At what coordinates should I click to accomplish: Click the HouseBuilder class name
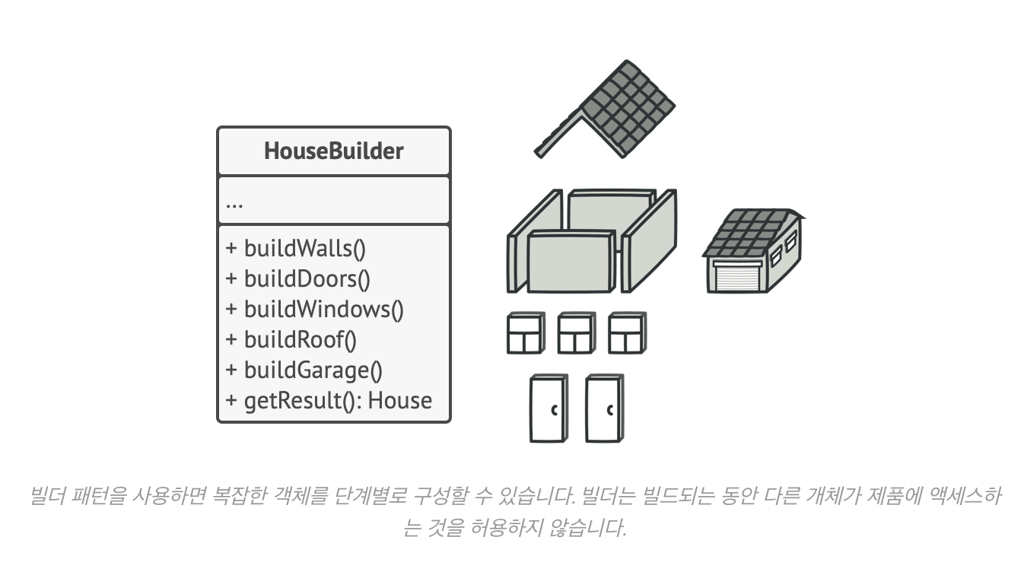pyautogui.click(x=333, y=151)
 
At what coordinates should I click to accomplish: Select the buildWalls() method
pyautogui.click(x=297, y=249)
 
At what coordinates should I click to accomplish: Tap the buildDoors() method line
pyautogui.click(x=298, y=279)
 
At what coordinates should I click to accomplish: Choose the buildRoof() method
pyautogui.click(x=291, y=340)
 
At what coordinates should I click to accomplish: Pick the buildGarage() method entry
pyautogui.click(x=304, y=370)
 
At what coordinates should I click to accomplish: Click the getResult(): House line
pyautogui.click(x=329, y=401)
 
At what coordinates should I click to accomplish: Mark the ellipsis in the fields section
pyautogui.click(x=234, y=204)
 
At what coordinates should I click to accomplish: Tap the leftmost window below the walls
pyautogui.click(x=525, y=333)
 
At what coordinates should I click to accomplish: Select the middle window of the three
pyautogui.click(x=576, y=333)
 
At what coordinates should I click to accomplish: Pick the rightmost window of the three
pyautogui.click(x=627, y=333)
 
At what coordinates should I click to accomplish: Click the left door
pyautogui.click(x=548, y=408)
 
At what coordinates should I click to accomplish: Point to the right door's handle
pyautogui.click(x=610, y=411)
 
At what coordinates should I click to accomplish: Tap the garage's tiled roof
pyautogui.click(x=749, y=232)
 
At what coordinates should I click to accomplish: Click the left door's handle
pyautogui.click(x=555, y=411)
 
